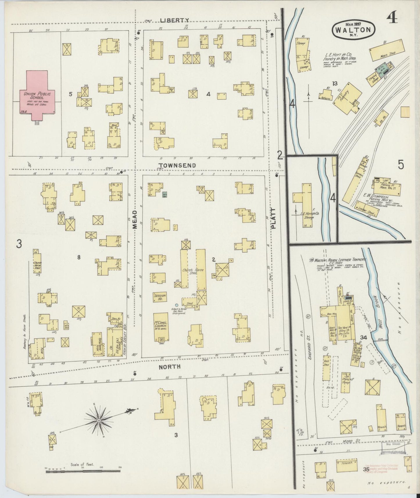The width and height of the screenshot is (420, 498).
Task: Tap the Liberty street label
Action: click(174, 20)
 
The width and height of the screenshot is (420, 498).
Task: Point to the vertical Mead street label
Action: click(135, 220)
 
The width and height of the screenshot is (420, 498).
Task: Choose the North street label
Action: click(169, 367)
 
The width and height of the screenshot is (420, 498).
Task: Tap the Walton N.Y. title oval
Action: click(353, 29)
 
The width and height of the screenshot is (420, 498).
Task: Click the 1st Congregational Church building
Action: click(161, 327)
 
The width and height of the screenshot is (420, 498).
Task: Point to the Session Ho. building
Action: click(160, 297)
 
